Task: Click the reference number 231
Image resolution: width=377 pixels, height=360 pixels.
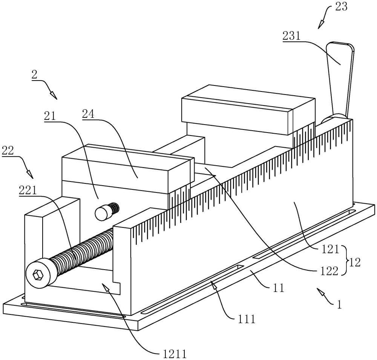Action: click(x=291, y=36)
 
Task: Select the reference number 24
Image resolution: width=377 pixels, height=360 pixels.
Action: click(x=88, y=114)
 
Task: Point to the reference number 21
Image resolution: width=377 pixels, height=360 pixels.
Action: click(x=49, y=116)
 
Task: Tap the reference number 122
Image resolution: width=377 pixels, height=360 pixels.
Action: click(x=329, y=271)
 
